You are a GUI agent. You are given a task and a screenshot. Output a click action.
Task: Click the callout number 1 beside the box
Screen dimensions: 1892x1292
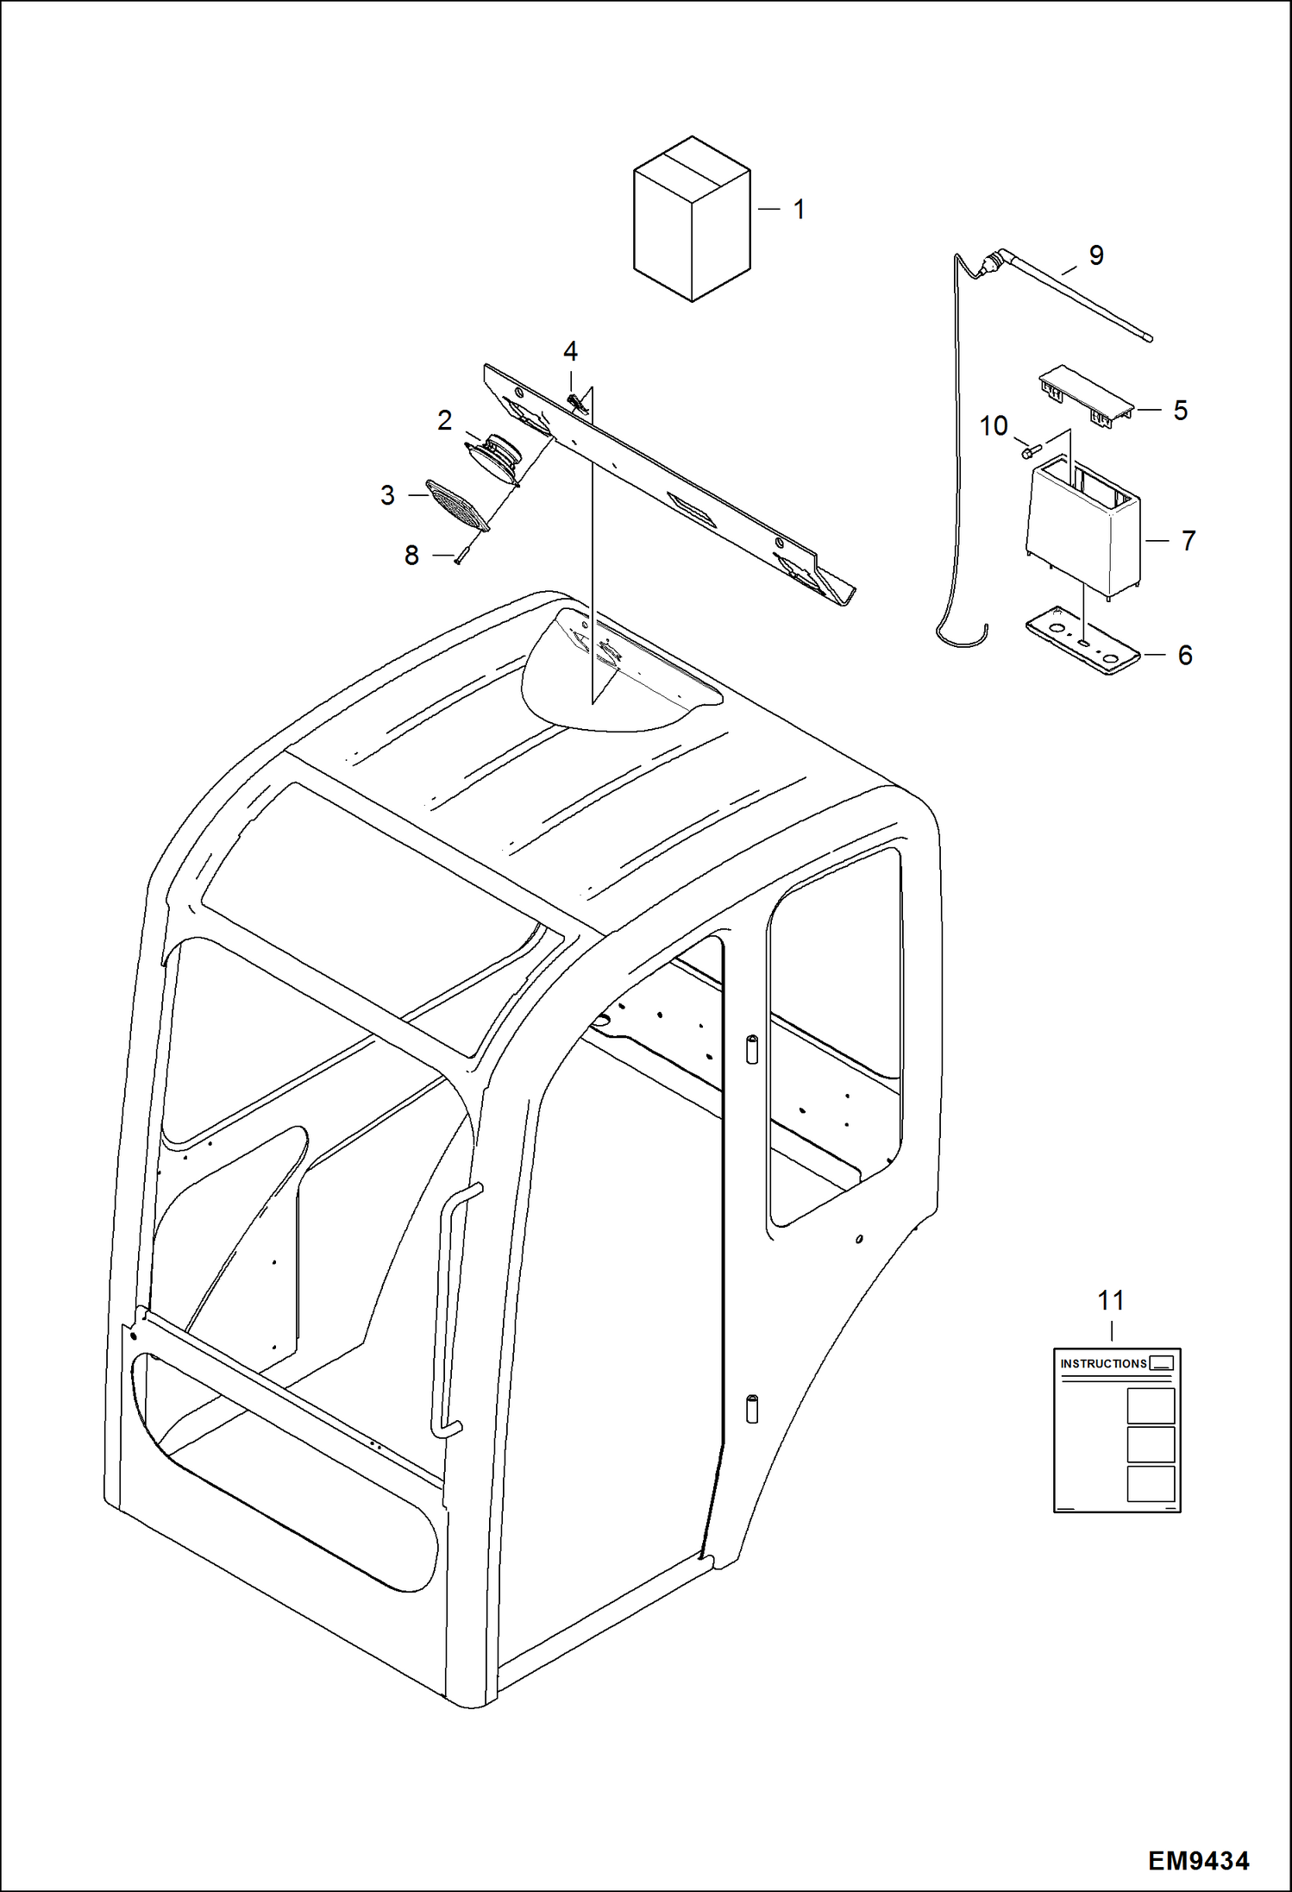799,210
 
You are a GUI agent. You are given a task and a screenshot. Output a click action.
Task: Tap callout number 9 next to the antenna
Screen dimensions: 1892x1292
1095,255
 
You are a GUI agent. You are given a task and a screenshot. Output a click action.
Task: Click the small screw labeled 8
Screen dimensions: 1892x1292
461,556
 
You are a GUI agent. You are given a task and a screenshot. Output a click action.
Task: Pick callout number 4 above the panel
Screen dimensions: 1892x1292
570,351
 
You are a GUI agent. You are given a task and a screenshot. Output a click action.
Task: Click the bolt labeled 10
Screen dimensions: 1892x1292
1028,451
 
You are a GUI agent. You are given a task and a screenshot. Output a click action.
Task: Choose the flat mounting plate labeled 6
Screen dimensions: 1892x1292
1082,645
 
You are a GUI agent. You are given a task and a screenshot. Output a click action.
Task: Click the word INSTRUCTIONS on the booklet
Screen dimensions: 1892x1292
1103,1364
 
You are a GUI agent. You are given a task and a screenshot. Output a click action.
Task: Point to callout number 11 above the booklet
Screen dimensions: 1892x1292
1111,1300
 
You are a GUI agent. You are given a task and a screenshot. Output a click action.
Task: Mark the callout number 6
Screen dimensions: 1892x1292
1185,656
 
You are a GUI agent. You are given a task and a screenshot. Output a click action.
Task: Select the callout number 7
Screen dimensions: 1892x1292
1188,541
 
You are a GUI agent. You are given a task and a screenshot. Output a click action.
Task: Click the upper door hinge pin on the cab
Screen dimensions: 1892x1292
751,1049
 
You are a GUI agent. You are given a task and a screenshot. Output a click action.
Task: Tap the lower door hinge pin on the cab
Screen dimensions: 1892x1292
751,1408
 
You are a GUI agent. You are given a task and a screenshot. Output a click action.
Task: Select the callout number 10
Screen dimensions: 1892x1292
994,425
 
